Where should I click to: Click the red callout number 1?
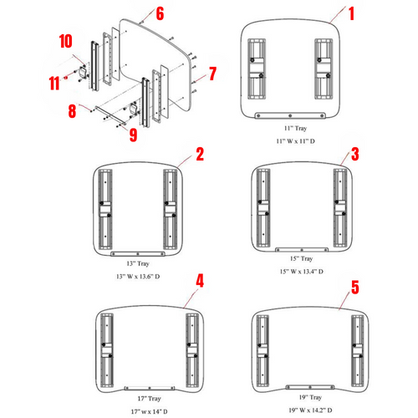click(351, 13)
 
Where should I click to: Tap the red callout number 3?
click(355, 154)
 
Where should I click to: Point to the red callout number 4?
click(199, 281)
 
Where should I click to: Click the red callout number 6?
click(160, 13)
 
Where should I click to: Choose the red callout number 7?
click(212, 74)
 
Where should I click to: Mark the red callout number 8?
click(73, 110)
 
